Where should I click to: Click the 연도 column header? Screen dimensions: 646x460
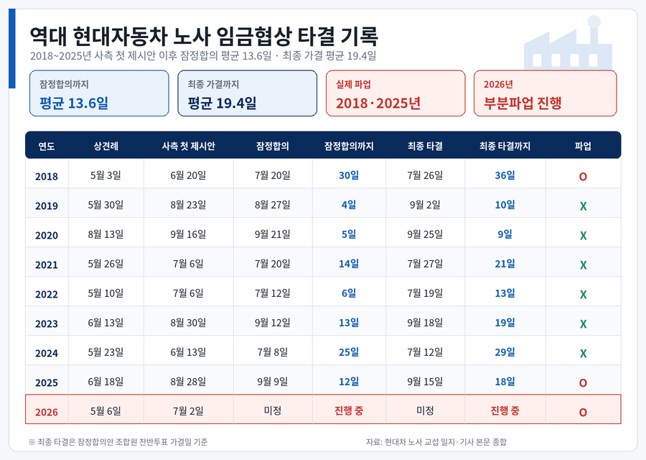coord(47,146)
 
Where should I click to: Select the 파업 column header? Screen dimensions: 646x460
coord(583,146)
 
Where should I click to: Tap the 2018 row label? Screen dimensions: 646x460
coord(47,177)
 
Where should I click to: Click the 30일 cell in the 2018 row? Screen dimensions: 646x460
coord(349,175)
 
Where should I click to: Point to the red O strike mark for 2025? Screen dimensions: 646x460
coord(583,383)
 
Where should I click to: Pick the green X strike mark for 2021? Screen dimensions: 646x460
coord(583,265)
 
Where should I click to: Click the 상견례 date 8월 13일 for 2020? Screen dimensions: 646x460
coord(106,234)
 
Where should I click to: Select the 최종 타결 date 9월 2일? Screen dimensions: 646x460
coord(425,205)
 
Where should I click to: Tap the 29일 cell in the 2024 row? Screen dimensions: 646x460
coord(505,352)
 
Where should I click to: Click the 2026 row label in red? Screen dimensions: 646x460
coord(47,412)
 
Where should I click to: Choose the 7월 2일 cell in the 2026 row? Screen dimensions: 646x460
coord(188,411)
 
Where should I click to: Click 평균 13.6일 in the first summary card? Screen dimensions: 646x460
coord(74,103)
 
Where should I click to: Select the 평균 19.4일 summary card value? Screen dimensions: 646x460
coord(222,103)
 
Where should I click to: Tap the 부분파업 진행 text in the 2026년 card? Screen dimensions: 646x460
coord(523,103)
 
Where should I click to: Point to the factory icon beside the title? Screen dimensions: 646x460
coord(568,42)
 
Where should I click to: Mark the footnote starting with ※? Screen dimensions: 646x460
coord(118,442)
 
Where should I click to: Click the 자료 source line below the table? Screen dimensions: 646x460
coord(436,442)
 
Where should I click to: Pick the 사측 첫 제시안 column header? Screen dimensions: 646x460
coord(188,146)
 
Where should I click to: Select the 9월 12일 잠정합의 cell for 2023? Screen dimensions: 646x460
coord(272,323)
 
